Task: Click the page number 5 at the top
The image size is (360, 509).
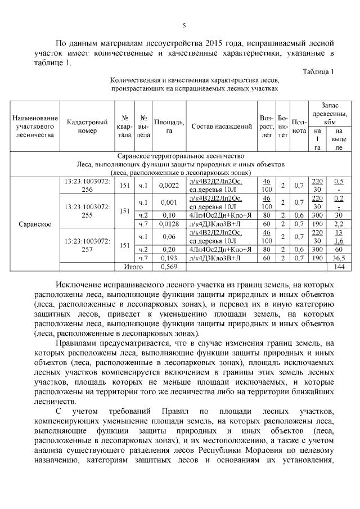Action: (184, 25)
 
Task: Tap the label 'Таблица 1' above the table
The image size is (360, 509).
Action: (318, 72)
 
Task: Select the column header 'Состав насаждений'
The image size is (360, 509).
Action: (221, 127)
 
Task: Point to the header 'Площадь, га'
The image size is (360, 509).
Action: (169, 127)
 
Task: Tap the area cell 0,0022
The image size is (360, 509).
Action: (169, 185)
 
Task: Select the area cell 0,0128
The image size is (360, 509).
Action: (169, 224)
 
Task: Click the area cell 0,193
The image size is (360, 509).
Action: (169, 257)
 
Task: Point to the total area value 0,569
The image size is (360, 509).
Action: (169, 266)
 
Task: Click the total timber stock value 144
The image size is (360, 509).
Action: (339, 266)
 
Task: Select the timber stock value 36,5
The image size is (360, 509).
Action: (339, 257)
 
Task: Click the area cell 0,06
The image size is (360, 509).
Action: (169, 237)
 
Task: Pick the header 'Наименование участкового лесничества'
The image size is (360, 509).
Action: (35, 127)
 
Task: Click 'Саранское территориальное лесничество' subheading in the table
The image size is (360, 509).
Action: (180, 156)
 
